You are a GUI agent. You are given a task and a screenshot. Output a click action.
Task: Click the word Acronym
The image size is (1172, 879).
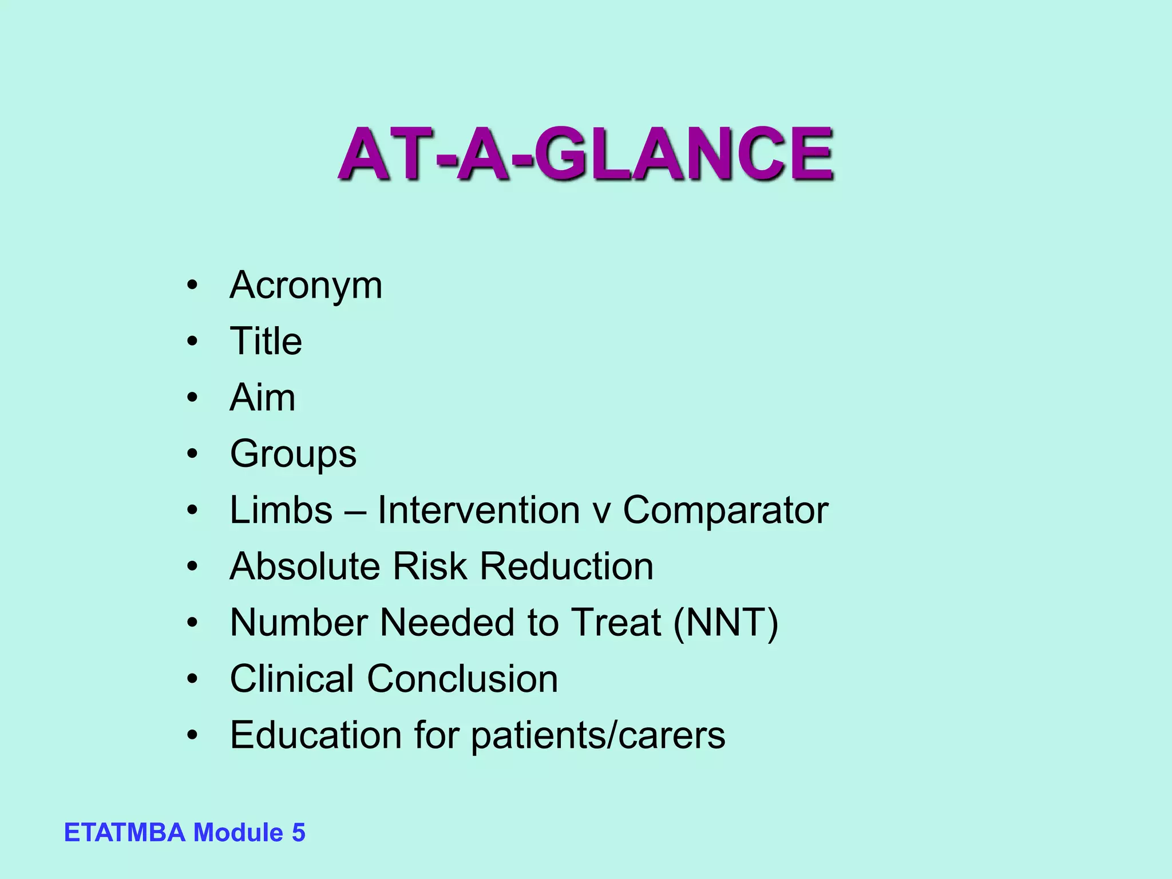tap(306, 285)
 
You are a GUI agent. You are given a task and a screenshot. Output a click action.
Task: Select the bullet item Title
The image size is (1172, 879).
tap(266, 341)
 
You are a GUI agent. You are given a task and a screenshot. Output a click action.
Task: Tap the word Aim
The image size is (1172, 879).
tap(263, 397)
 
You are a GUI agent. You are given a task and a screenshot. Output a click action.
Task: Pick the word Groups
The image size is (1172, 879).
tap(293, 454)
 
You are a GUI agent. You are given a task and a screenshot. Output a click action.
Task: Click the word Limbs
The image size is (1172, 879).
tap(281, 509)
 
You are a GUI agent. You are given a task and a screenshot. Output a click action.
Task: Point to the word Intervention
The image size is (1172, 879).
tap(478, 509)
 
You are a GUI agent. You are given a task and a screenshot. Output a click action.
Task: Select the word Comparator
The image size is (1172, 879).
tap(725, 509)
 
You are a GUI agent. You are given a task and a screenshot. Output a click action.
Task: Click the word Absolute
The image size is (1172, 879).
tap(304, 566)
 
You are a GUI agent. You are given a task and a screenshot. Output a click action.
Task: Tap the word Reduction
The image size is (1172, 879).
tap(566, 566)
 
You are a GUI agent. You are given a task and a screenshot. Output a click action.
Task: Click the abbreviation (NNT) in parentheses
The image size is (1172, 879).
tap(725, 622)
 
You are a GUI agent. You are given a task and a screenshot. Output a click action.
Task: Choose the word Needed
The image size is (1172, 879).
tap(447, 622)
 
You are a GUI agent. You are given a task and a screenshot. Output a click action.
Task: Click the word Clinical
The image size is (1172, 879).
tap(291, 679)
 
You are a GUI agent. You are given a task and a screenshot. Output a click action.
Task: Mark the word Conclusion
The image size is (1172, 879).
tap(462, 679)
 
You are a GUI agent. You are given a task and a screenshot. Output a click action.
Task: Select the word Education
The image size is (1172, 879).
tap(316, 735)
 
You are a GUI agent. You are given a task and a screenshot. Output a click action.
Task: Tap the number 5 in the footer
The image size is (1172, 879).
tap(298, 833)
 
